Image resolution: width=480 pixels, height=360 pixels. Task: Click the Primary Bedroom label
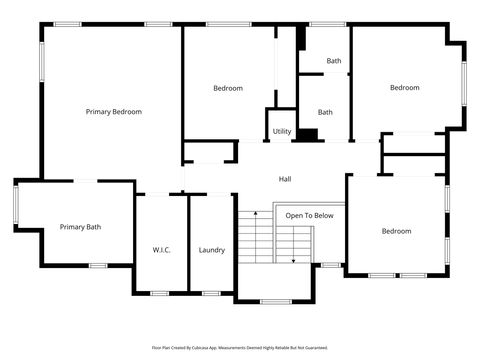[113, 112]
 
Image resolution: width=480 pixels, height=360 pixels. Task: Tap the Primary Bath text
[80, 227]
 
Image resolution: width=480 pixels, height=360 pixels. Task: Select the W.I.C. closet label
[161, 250]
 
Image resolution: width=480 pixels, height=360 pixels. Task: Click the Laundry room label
[211, 250]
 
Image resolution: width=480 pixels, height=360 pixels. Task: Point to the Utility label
[282, 131]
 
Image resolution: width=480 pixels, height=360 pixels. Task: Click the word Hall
[285, 179]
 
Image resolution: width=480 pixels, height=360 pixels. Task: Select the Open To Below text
[309, 215]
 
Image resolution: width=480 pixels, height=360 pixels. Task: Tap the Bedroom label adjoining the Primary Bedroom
[228, 88]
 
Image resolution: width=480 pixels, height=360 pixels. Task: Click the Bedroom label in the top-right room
[404, 88]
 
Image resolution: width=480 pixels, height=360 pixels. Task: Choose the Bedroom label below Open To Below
[396, 231]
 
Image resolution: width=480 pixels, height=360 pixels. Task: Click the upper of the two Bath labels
[333, 61]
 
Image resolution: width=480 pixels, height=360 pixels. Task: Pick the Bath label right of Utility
[325, 112]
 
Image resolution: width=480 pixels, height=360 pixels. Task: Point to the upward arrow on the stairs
[256, 213]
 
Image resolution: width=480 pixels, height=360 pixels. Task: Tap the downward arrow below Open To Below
[293, 260]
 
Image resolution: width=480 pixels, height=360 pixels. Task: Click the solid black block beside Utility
[309, 134]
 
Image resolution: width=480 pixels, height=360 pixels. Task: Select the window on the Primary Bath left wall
[15, 205]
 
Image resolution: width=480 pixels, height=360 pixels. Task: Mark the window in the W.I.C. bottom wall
[160, 293]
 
